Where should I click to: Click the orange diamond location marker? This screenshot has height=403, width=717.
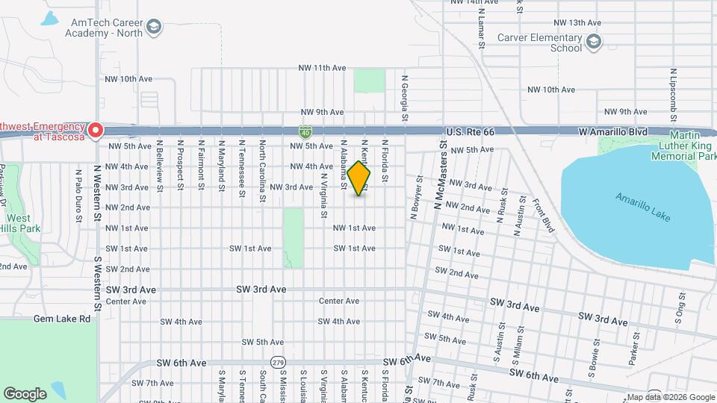coord(358,179)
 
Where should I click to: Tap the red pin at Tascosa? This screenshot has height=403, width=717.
coord(96,131)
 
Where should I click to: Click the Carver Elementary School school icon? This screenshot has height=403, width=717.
coord(594,40)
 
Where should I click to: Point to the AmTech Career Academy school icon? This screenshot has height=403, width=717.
coord(154,28)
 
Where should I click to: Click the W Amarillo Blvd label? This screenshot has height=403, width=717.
coord(613,131)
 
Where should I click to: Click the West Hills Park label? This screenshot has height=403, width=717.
coord(20,224)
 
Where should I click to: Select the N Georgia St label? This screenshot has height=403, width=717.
coord(405,98)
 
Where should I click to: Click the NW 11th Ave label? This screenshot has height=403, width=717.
coord(322,68)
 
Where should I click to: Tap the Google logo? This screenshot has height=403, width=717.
coord(25,393)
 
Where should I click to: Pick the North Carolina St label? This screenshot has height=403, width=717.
coord(263,171)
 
